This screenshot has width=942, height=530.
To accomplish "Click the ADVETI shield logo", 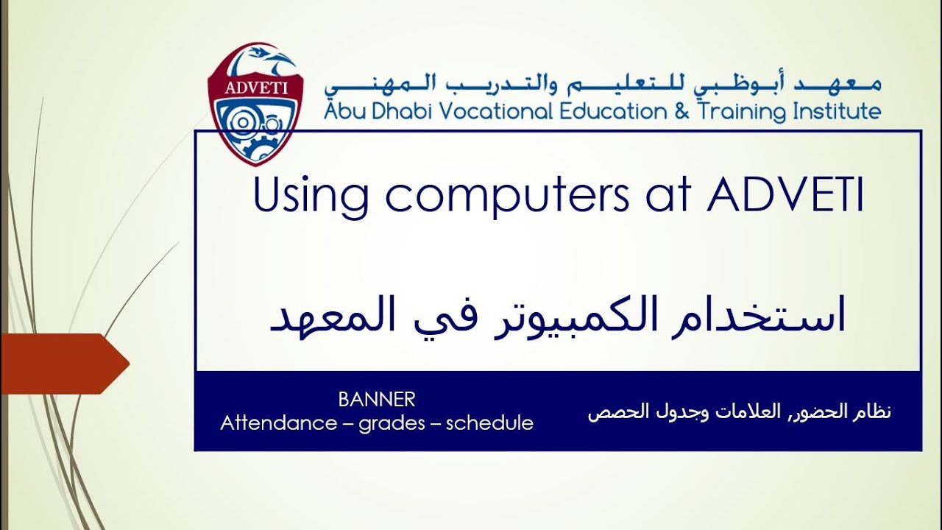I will coord(256,103).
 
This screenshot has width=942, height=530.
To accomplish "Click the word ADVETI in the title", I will coord(785,194).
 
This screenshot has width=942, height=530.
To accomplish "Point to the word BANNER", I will coord(377,400).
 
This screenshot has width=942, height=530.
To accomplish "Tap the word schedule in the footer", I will coord(489,423).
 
